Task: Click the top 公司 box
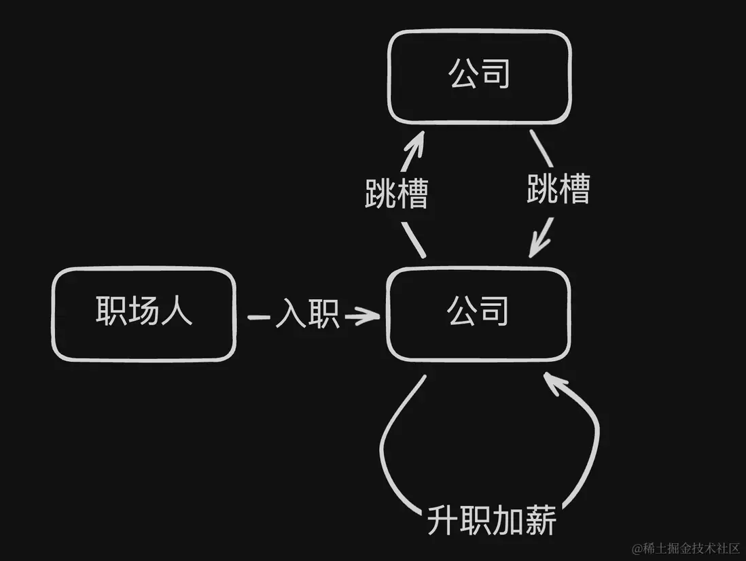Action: (479, 77)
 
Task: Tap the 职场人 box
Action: (144, 313)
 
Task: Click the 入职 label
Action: (307, 316)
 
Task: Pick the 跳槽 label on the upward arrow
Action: (397, 193)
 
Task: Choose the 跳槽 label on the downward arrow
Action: (558, 188)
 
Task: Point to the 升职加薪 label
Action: (492, 522)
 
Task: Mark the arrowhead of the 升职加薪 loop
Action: (553, 382)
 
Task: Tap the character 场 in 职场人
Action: (144, 313)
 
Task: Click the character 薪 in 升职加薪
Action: (540, 522)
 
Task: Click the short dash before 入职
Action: (260, 317)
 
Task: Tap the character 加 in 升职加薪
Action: (508, 522)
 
